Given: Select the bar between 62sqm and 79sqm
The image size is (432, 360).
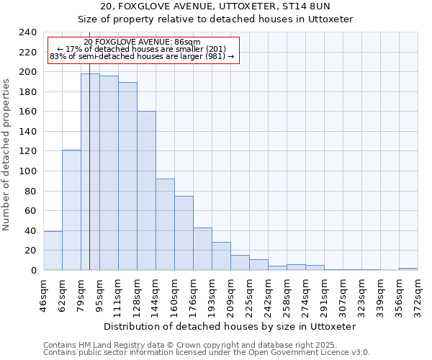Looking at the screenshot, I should (x=71, y=210).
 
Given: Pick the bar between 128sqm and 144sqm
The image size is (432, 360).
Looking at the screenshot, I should (x=146, y=191).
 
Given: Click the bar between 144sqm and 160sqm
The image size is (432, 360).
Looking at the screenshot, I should (x=165, y=224).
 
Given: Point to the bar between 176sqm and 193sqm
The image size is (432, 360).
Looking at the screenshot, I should (x=202, y=248).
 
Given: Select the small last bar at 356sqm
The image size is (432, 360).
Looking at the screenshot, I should (x=408, y=269).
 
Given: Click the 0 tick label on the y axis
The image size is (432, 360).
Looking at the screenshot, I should (x=34, y=271).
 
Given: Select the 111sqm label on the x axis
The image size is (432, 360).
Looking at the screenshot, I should (x=118, y=296).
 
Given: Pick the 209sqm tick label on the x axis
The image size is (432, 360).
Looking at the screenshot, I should (x=230, y=296).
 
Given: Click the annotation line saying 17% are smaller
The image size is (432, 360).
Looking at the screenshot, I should (x=142, y=49).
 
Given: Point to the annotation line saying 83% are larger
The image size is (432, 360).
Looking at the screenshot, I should (x=142, y=56).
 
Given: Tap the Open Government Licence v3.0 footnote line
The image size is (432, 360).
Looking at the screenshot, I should (x=207, y=352).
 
